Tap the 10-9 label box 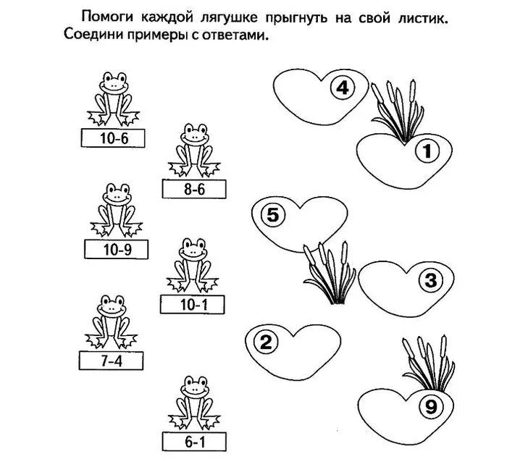click(116, 250)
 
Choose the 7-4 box click(111, 359)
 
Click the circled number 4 click(341, 89)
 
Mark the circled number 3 click(430, 279)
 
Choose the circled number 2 click(265, 342)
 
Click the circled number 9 click(430, 407)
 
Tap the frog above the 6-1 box click(193, 400)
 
